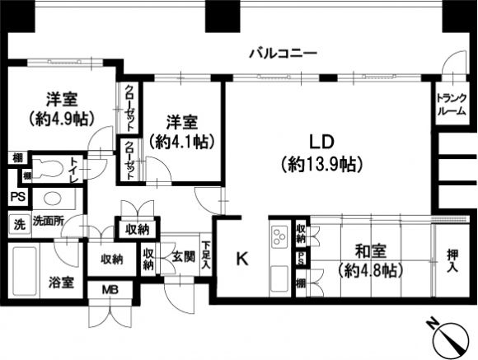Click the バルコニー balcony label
pyautogui.click(x=284, y=54)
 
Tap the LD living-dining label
pyautogui.click(x=322, y=142)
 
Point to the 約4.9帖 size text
pyautogui.click(x=62, y=119)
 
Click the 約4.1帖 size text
pyautogui.click(x=181, y=141)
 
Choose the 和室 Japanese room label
pyautogui.click(x=371, y=252)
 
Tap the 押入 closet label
pyautogui.click(x=452, y=260)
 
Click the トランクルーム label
pyautogui.click(x=452, y=105)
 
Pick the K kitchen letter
pyautogui.click(x=242, y=259)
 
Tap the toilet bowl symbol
pyautogui.click(x=48, y=168)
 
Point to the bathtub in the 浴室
pyautogui.click(x=25, y=271)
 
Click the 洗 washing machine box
pyautogui.click(x=19, y=225)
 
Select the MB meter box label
pyautogui.click(x=110, y=290)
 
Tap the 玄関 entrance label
pyautogui.click(x=184, y=258)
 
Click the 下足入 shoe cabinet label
pyautogui.click(x=206, y=255)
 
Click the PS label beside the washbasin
pyautogui.click(x=18, y=197)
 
